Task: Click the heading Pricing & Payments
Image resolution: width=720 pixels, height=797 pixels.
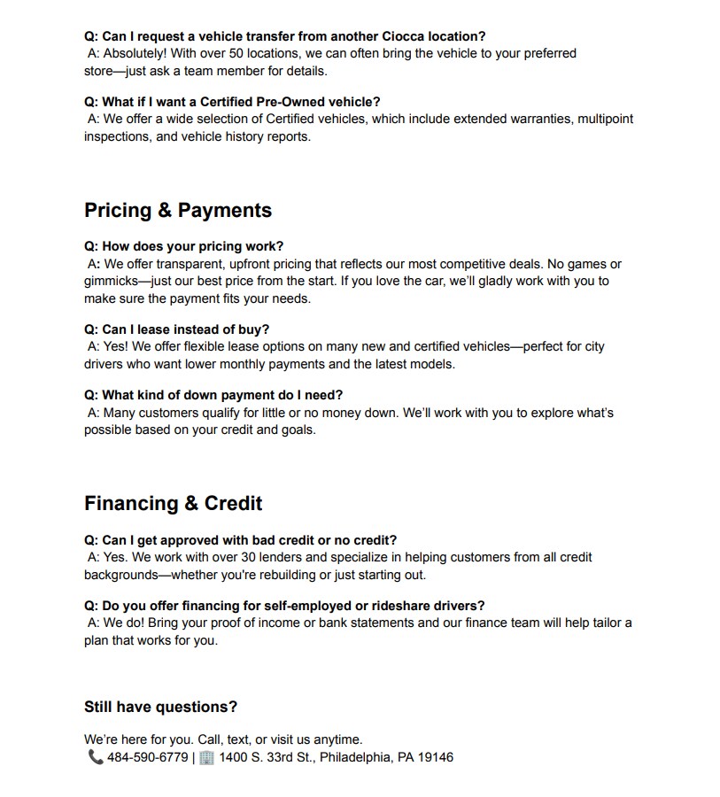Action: click(177, 211)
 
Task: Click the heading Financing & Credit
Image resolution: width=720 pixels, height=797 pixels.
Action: click(173, 504)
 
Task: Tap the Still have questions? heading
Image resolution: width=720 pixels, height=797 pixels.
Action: click(160, 707)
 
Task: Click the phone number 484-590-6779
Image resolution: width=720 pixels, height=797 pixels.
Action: click(147, 757)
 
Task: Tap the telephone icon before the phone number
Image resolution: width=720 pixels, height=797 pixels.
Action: click(95, 757)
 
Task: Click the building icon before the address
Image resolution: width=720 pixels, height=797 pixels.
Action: click(206, 757)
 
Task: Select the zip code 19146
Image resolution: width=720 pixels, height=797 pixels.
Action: click(435, 757)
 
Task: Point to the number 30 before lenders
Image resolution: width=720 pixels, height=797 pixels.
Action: click(285, 557)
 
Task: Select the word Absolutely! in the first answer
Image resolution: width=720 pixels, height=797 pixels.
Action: click(134, 53)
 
